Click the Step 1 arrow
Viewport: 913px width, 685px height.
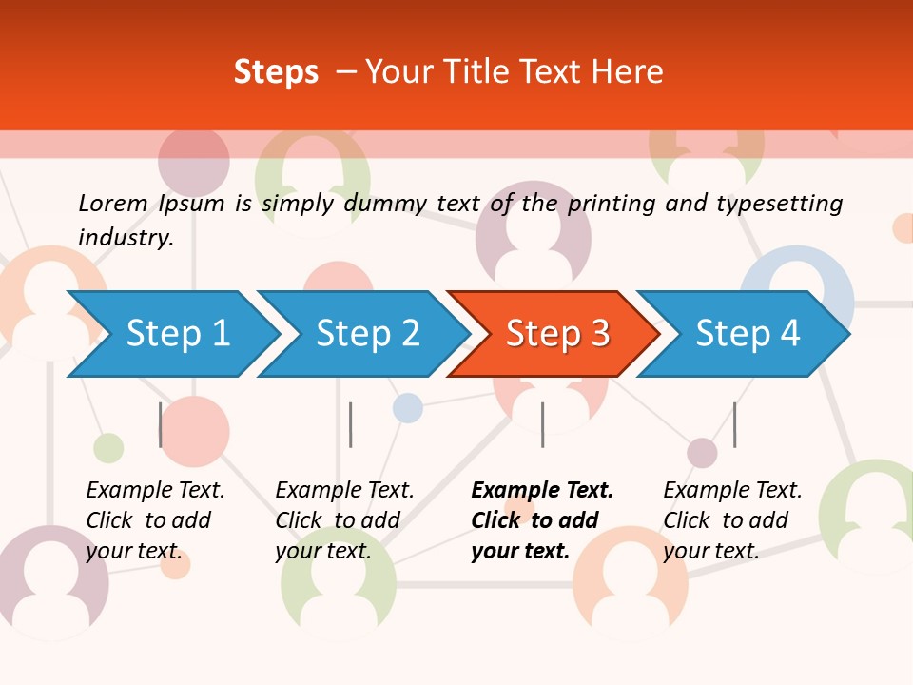click(x=177, y=334)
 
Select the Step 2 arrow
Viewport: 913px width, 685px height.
click(x=367, y=334)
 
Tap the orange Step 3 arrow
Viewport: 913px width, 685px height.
click(x=557, y=334)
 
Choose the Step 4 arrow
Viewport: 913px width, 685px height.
click(x=748, y=334)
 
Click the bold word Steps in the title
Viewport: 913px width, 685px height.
click(x=276, y=72)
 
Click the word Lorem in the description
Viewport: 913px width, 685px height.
click(x=112, y=203)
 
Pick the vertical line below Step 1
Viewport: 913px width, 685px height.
click(x=161, y=424)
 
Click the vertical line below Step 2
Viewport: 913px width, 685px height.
click(x=351, y=424)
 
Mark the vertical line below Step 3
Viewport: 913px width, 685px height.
click(x=542, y=424)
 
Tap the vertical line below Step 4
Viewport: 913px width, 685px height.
click(x=734, y=424)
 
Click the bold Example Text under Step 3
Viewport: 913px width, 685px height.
click(x=542, y=491)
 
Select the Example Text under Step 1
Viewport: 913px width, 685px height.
click(x=155, y=491)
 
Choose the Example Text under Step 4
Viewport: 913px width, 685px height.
click(x=732, y=491)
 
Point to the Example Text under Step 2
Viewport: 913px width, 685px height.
click(x=344, y=491)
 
